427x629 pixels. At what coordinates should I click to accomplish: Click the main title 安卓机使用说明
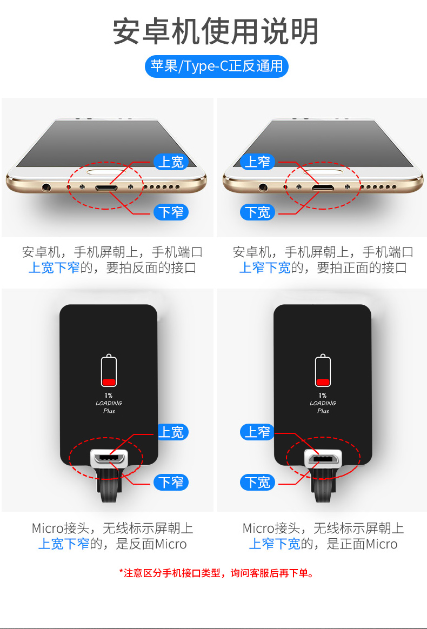(216, 32)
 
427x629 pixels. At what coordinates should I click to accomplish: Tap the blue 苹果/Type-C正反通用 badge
(217, 66)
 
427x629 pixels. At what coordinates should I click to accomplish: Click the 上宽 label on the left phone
(171, 162)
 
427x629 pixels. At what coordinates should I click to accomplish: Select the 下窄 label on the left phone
(171, 212)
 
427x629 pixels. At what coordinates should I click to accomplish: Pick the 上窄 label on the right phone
(257, 162)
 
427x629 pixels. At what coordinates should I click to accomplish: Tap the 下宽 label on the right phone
(257, 212)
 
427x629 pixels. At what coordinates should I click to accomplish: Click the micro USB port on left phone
(106, 188)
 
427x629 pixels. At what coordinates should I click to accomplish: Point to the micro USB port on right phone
(323, 188)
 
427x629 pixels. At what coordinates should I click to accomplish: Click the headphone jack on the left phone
(46, 187)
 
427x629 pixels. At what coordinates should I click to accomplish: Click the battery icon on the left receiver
(109, 370)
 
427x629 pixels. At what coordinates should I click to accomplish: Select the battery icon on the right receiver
(323, 370)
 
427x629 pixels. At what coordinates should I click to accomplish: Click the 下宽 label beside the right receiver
(257, 482)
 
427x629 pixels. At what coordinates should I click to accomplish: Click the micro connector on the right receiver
(323, 458)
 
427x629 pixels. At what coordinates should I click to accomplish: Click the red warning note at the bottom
(217, 573)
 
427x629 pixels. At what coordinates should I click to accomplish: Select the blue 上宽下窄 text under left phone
(54, 267)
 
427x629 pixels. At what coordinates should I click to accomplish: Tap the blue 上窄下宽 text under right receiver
(275, 544)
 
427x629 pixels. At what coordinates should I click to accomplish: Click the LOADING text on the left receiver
(109, 403)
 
